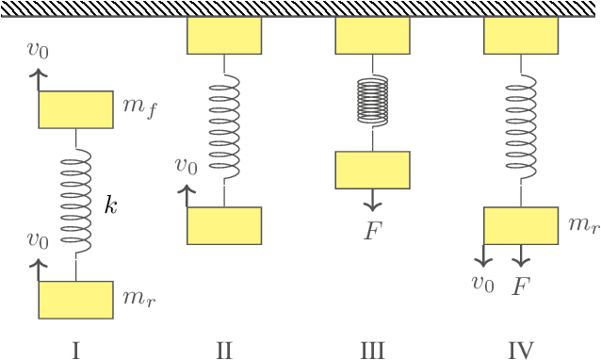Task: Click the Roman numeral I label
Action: coord(75,351)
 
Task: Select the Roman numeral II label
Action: coord(224,351)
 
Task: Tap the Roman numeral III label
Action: coord(372,351)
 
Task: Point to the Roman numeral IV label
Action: coord(521,351)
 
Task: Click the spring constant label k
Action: coord(110,206)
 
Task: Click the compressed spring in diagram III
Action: coord(373,101)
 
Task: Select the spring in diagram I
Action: coord(75,205)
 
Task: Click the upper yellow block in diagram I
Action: coord(75,109)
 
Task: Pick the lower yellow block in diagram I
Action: coord(75,300)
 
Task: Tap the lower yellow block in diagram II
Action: coord(224,225)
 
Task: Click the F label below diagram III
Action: coord(373,229)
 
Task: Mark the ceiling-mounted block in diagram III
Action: coord(373,36)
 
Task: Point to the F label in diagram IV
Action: coord(520,286)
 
